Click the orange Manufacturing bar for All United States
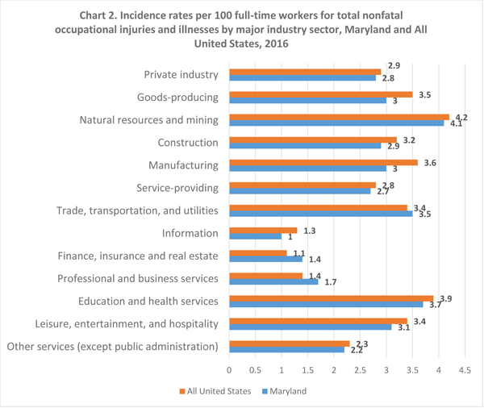click(x=323, y=162)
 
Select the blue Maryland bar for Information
click(x=256, y=237)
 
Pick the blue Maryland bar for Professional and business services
click(x=273, y=282)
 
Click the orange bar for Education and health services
click(x=331, y=298)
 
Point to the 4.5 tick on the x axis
click(x=465, y=370)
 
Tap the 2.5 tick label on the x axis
click(x=360, y=370)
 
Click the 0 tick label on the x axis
click(x=229, y=370)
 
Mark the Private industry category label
click(x=181, y=75)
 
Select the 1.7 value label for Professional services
click(x=330, y=282)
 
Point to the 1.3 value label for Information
click(x=310, y=230)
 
